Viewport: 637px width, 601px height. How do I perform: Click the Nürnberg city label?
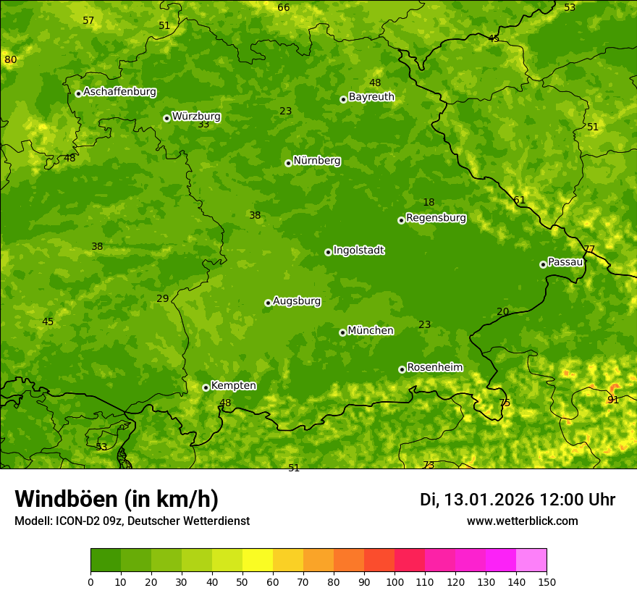click(x=316, y=161)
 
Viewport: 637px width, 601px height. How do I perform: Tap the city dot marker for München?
click(x=342, y=332)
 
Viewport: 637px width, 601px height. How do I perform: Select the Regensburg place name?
click(x=436, y=218)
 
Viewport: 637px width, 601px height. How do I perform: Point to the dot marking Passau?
click(x=543, y=264)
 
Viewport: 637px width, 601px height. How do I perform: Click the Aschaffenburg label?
click(x=119, y=92)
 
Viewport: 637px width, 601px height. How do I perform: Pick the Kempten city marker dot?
click(x=206, y=387)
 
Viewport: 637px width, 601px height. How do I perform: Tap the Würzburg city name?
click(x=196, y=117)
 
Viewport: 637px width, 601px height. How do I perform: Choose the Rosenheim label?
click(x=434, y=368)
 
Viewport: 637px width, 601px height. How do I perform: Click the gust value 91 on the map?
click(x=613, y=400)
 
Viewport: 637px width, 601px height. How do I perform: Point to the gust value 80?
click(x=10, y=59)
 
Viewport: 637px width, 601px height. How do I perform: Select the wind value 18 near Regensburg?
click(x=429, y=203)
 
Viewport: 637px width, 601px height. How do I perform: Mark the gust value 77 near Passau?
click(x=589, y=250)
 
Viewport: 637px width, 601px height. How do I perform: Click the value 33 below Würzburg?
click(x=203, y=125)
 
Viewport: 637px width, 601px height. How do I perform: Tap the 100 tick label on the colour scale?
click(x=395, y=581)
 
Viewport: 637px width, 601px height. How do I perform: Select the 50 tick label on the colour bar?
click(x=242, y=581)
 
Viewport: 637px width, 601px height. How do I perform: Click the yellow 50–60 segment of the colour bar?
click(x=258, y=560)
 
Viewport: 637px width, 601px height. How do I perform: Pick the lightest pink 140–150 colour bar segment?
click(x=531, y=560)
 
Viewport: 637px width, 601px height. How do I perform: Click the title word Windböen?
click(x=67, y=499)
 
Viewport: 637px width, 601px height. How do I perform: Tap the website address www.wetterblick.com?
click(x=522, y=521)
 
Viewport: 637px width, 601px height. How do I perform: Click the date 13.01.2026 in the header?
click(x=489, y=500)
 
